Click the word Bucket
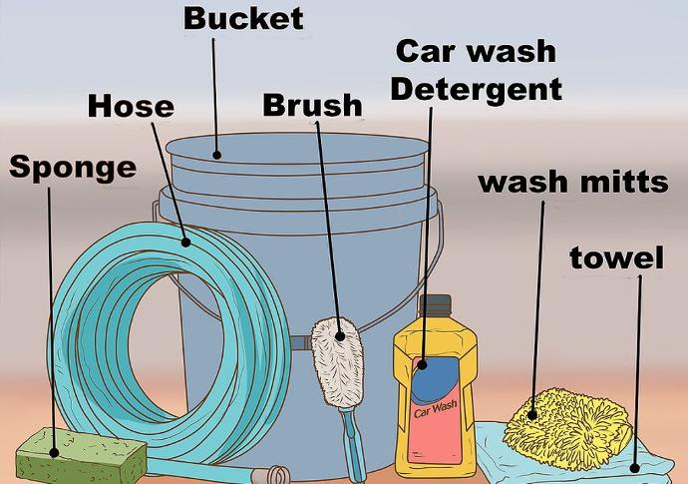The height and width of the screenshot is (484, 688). point(243,19)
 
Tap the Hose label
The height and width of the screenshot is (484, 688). point(131,107)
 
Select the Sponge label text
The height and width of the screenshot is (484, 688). point(73,169)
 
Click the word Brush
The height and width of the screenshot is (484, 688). point(312,106)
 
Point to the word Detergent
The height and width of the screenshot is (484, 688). point(476,90)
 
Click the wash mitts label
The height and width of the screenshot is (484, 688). point(573,183)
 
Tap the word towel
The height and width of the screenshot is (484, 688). point(616,257)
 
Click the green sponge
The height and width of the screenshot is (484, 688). point(82,456)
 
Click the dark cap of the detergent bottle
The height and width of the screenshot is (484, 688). point(436,304)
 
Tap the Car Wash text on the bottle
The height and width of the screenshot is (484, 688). point(436,408)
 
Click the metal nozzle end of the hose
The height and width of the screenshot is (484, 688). point(274,475)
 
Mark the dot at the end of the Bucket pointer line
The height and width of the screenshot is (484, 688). point(216,155)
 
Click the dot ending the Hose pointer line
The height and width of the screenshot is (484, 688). point(185,242)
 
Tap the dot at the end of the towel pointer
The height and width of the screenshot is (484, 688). point(634,468)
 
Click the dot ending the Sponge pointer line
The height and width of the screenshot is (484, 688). point(54,452)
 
